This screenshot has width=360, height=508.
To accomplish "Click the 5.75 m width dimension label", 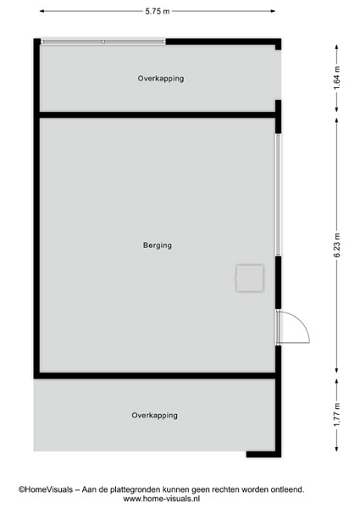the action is point(158,11).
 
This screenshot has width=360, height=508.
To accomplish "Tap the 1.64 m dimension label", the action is point(337,78).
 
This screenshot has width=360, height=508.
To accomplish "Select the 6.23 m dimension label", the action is point(337,246).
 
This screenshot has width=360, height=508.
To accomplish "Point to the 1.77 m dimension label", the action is point(337,415).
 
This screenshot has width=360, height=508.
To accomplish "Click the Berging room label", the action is point(158,246).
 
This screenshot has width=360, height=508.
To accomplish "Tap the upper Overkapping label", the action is point(161,79).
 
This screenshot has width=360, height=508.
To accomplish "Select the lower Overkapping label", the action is point(154,416).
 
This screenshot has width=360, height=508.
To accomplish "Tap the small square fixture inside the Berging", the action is point(250,278).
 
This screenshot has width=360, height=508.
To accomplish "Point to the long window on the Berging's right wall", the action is point(278,195).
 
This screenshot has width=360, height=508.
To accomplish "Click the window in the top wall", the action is point(103,41).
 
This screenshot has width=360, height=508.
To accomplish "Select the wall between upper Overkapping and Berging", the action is point(158,114).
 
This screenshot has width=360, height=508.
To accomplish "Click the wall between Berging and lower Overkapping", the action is point(158,375).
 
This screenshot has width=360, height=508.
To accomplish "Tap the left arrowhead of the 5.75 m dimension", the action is point(42,11).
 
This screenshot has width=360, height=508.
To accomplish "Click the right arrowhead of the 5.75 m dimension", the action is point(273,11).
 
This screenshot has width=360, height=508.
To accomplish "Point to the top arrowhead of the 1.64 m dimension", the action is point(337,47).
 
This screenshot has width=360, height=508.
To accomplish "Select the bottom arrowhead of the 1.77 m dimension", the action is point(337,449).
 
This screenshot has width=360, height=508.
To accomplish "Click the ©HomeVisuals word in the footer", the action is point(46,489).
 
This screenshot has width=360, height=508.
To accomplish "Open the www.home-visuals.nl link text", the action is point(162,499).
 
